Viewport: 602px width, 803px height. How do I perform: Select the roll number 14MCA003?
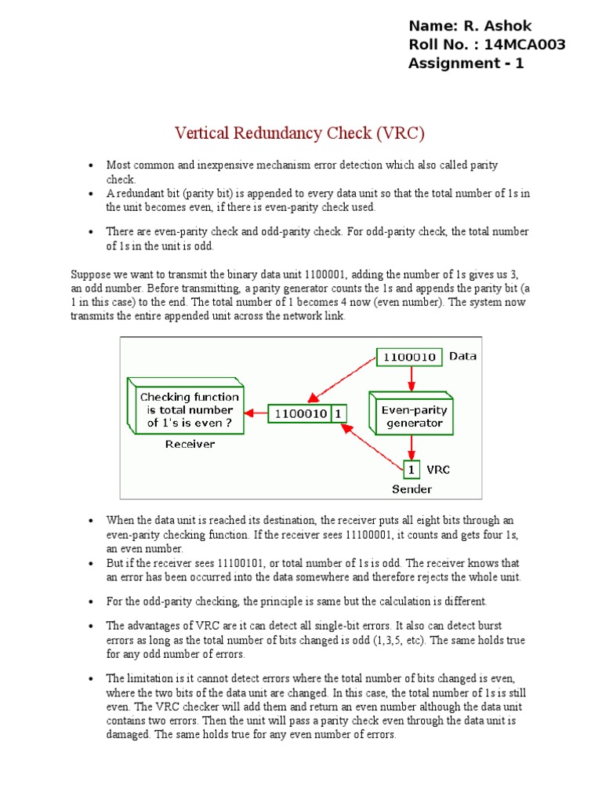click(x=524, y=45)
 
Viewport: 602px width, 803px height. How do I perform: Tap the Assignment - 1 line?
click(x=466, y=64)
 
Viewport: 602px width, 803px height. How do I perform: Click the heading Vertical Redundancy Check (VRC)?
click(x=299, y=133)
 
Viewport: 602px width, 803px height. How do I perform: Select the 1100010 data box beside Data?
click(x=408, y=357)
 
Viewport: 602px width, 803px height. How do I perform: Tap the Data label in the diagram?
click(x=462, y=356)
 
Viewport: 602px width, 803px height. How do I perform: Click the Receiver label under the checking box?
click(x=190, y=444)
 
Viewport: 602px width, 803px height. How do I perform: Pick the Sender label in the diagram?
click(x=412, y=489)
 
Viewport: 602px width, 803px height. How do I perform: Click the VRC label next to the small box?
click(x=438, y=470)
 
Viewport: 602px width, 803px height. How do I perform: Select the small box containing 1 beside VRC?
click(x=412, y=470)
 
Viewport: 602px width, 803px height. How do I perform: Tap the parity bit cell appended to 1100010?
click(x=339, y=413)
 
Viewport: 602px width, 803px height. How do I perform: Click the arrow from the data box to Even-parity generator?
click(x=410, y=378)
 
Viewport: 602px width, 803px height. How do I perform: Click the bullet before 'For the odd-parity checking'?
click(x=91, y=602)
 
